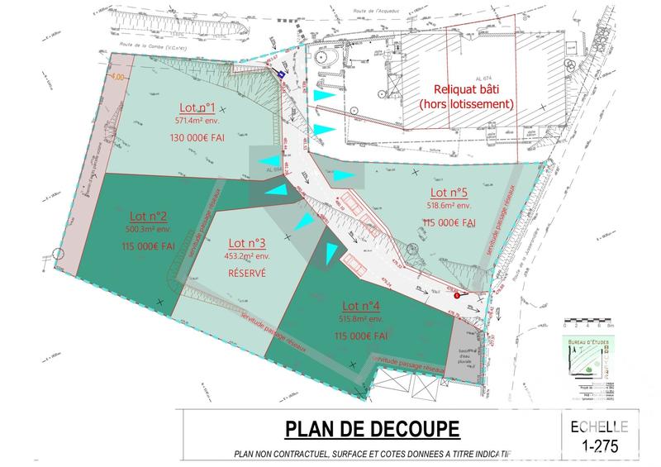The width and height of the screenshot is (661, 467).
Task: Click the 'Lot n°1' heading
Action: (197, 108)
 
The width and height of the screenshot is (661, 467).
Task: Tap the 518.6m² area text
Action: (449, 206)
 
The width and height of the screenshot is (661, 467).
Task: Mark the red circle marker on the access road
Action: (457, 295)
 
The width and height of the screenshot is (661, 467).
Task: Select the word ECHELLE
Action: (599, 426)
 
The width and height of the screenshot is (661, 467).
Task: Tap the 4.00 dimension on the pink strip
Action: (117, 77)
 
